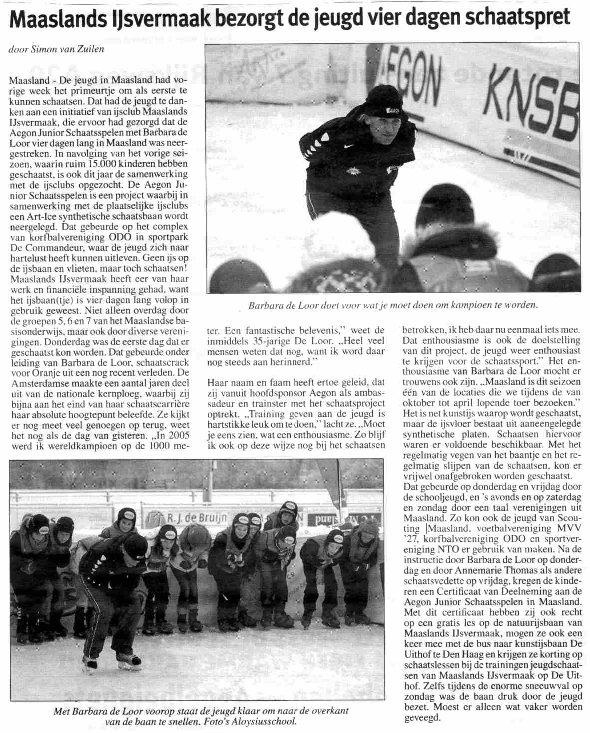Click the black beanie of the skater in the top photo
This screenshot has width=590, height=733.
click(x=384, y=100)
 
